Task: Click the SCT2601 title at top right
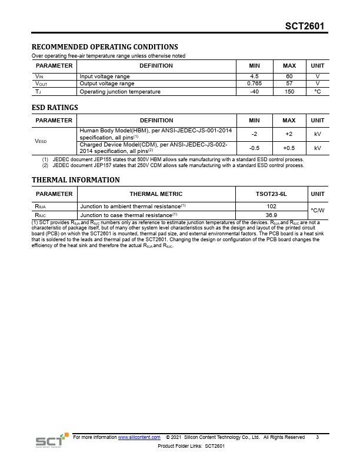(x=304, y=26)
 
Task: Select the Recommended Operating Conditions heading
(x=104, y=47)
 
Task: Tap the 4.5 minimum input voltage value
(x=254, y=76)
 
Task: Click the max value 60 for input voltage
(x=289, y=76)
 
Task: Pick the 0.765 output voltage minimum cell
(x=254, y=84)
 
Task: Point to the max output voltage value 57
(x=289, y=84)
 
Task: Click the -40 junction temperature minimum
(x=254, y=92)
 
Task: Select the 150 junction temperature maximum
(x=289, y=92)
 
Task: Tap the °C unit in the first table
(x=318, y=92)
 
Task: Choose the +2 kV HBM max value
(x=289, y=134)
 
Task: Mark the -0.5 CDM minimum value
(x=254, y=148)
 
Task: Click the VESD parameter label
(x=41, y=141)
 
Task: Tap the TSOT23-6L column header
(x=271, y=194)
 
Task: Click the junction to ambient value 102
(x=271, y=206)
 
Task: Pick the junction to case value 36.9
(x=271, y=215)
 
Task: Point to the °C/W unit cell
(x=318, y=210)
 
